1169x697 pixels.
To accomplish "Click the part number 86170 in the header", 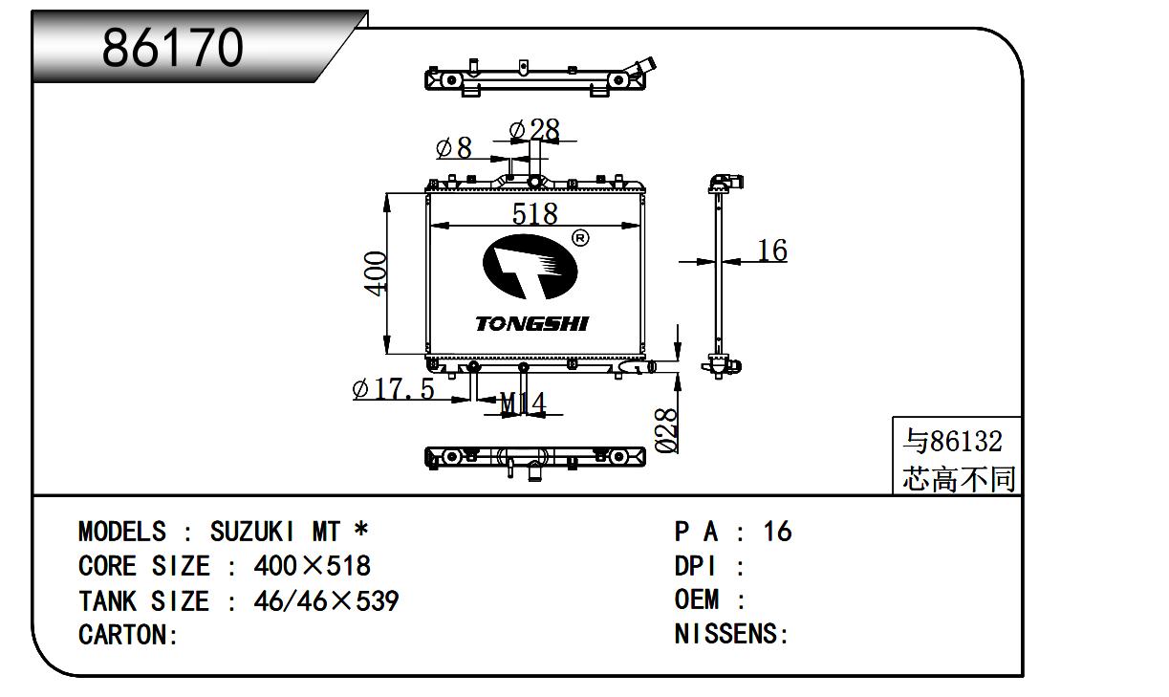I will tap(173, 46).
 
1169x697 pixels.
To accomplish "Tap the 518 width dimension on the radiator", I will tap(534, 213).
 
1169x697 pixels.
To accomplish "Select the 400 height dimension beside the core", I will tap(376, 272).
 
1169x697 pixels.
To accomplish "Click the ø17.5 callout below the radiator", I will tap(393, 389).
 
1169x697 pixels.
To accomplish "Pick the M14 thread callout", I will tap(522, 404).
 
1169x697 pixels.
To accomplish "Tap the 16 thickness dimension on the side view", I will tap(771, 250).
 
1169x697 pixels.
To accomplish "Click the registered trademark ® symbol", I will tap(579, 237).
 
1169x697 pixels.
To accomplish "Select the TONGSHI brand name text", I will tap(532, 324).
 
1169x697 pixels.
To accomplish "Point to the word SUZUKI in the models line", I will tap(255, 532).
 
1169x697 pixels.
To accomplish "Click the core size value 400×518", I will tap(312, 566).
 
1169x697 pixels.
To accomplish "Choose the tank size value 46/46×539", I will tap(326, 601).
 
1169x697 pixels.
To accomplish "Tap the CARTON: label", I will tap(128, 635).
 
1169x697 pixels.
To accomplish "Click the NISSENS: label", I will tap(731, 634).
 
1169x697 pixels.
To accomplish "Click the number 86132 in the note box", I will tap(966, 441).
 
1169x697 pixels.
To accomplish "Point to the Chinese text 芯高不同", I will tap(959, 478).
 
